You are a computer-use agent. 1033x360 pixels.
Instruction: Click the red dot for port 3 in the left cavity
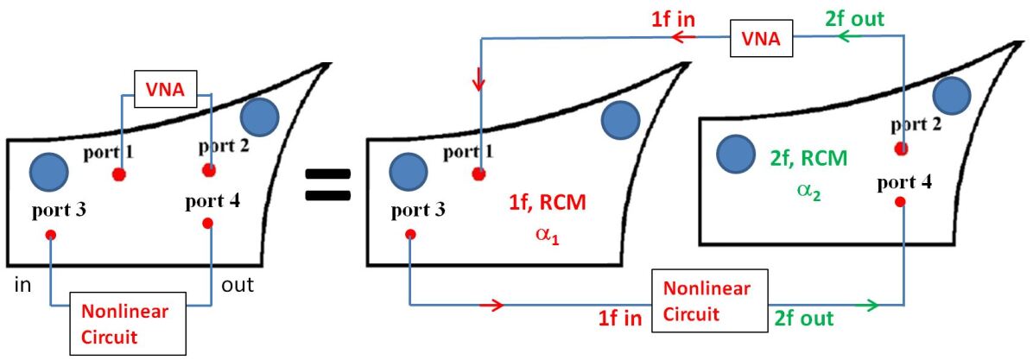(51, 234)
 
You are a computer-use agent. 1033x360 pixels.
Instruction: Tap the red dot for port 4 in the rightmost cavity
(900, 201)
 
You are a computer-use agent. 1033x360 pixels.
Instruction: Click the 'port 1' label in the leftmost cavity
(110, 154)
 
